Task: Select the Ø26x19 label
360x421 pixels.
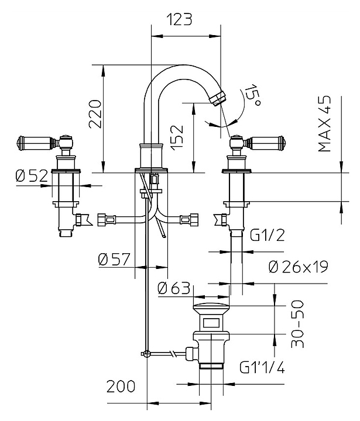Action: point(299,267)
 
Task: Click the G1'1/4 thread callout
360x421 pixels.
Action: point(262,368)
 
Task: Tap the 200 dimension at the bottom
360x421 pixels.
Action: point(121,387)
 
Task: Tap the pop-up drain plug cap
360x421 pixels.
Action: point(211,308)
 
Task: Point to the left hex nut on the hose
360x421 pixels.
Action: point(105,220)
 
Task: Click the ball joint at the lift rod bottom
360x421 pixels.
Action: point(146,353)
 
